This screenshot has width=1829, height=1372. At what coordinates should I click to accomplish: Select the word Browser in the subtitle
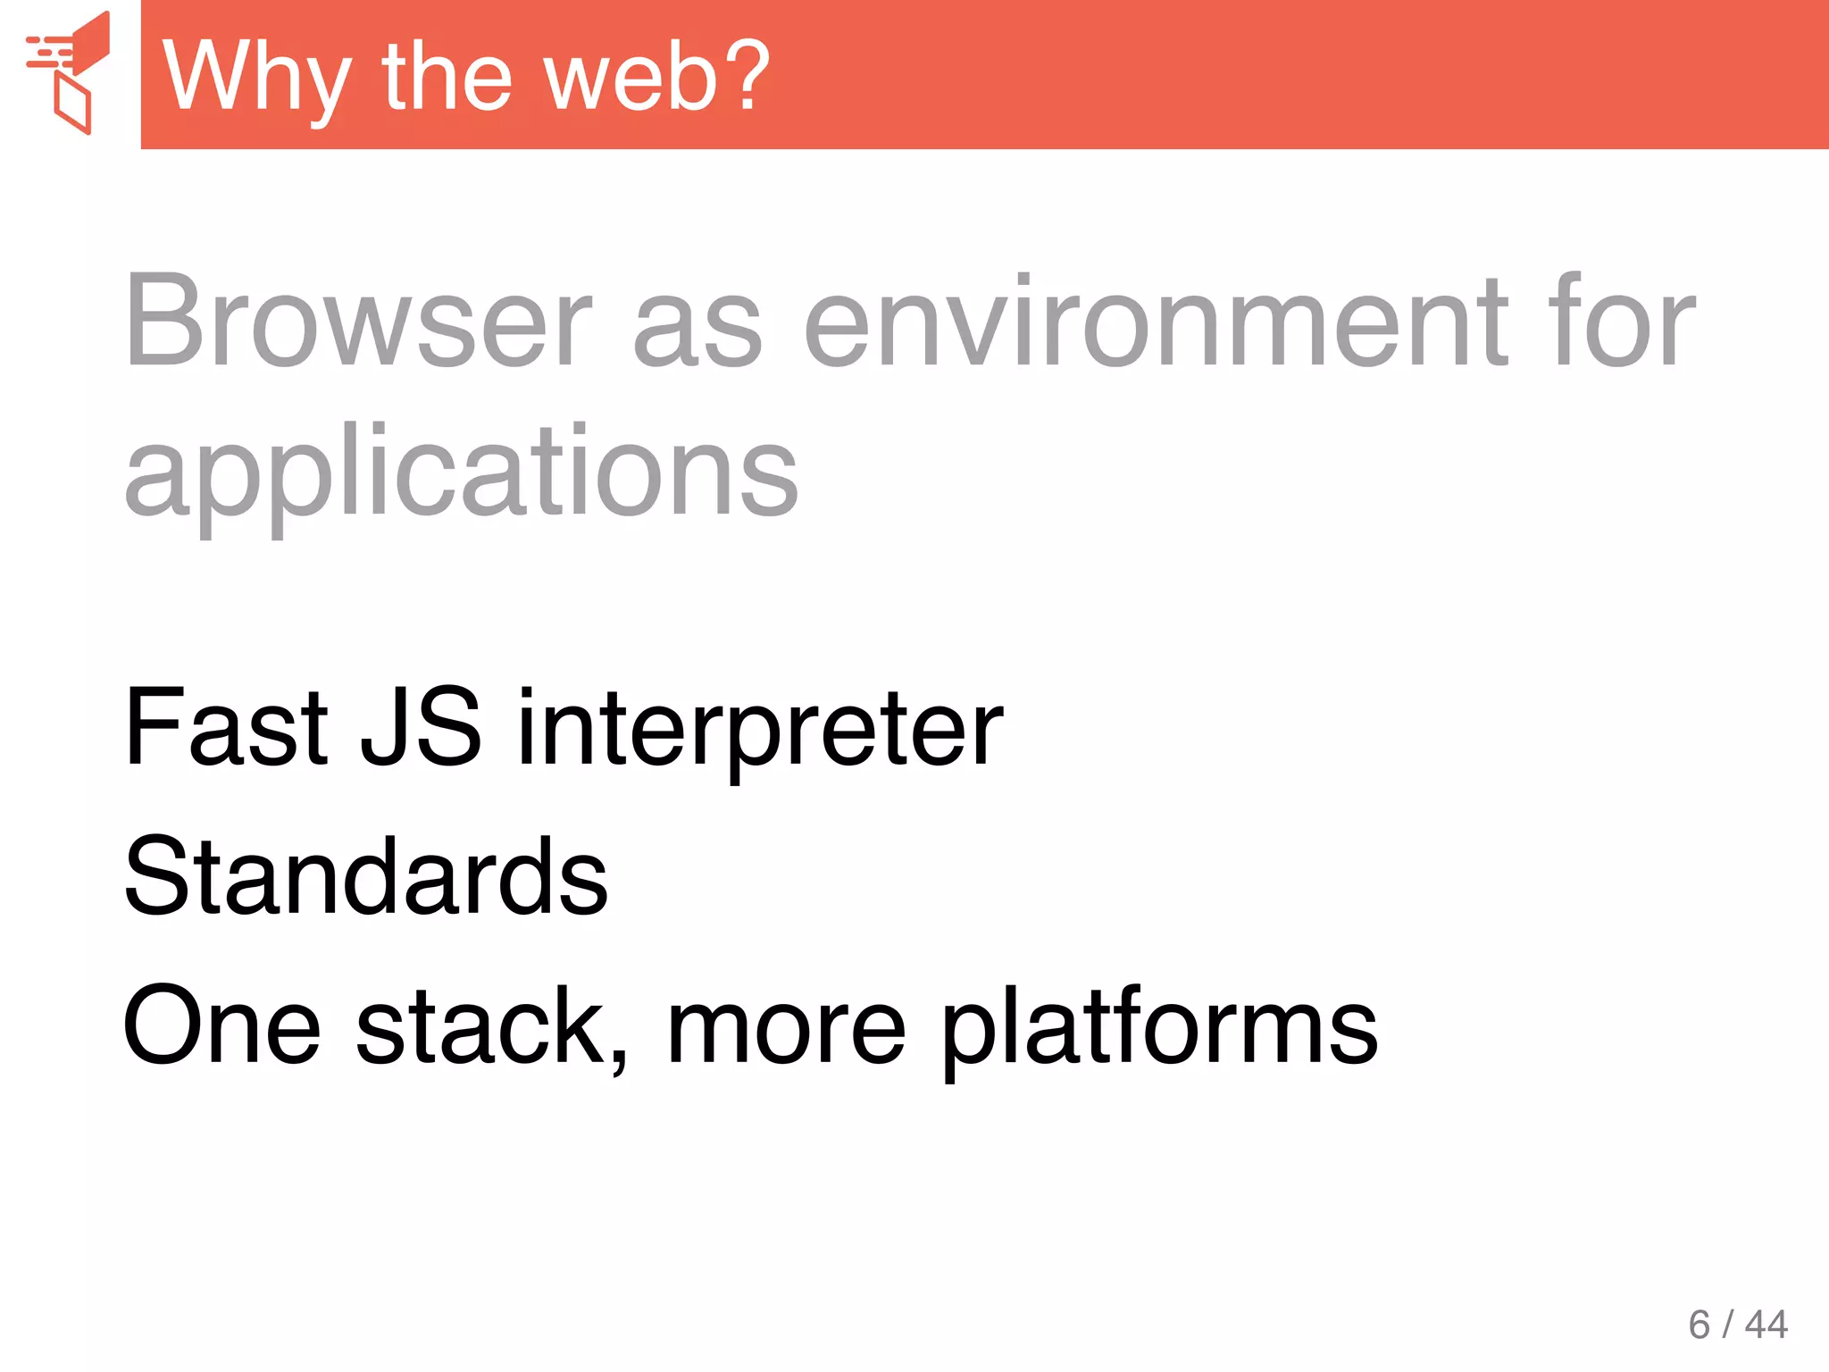(358, 321)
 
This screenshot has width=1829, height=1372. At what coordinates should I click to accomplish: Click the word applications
(461, 473)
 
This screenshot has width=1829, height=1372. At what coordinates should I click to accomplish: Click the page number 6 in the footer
(1699, 1324)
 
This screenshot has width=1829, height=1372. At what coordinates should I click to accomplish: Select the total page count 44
(1766, 1324)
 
